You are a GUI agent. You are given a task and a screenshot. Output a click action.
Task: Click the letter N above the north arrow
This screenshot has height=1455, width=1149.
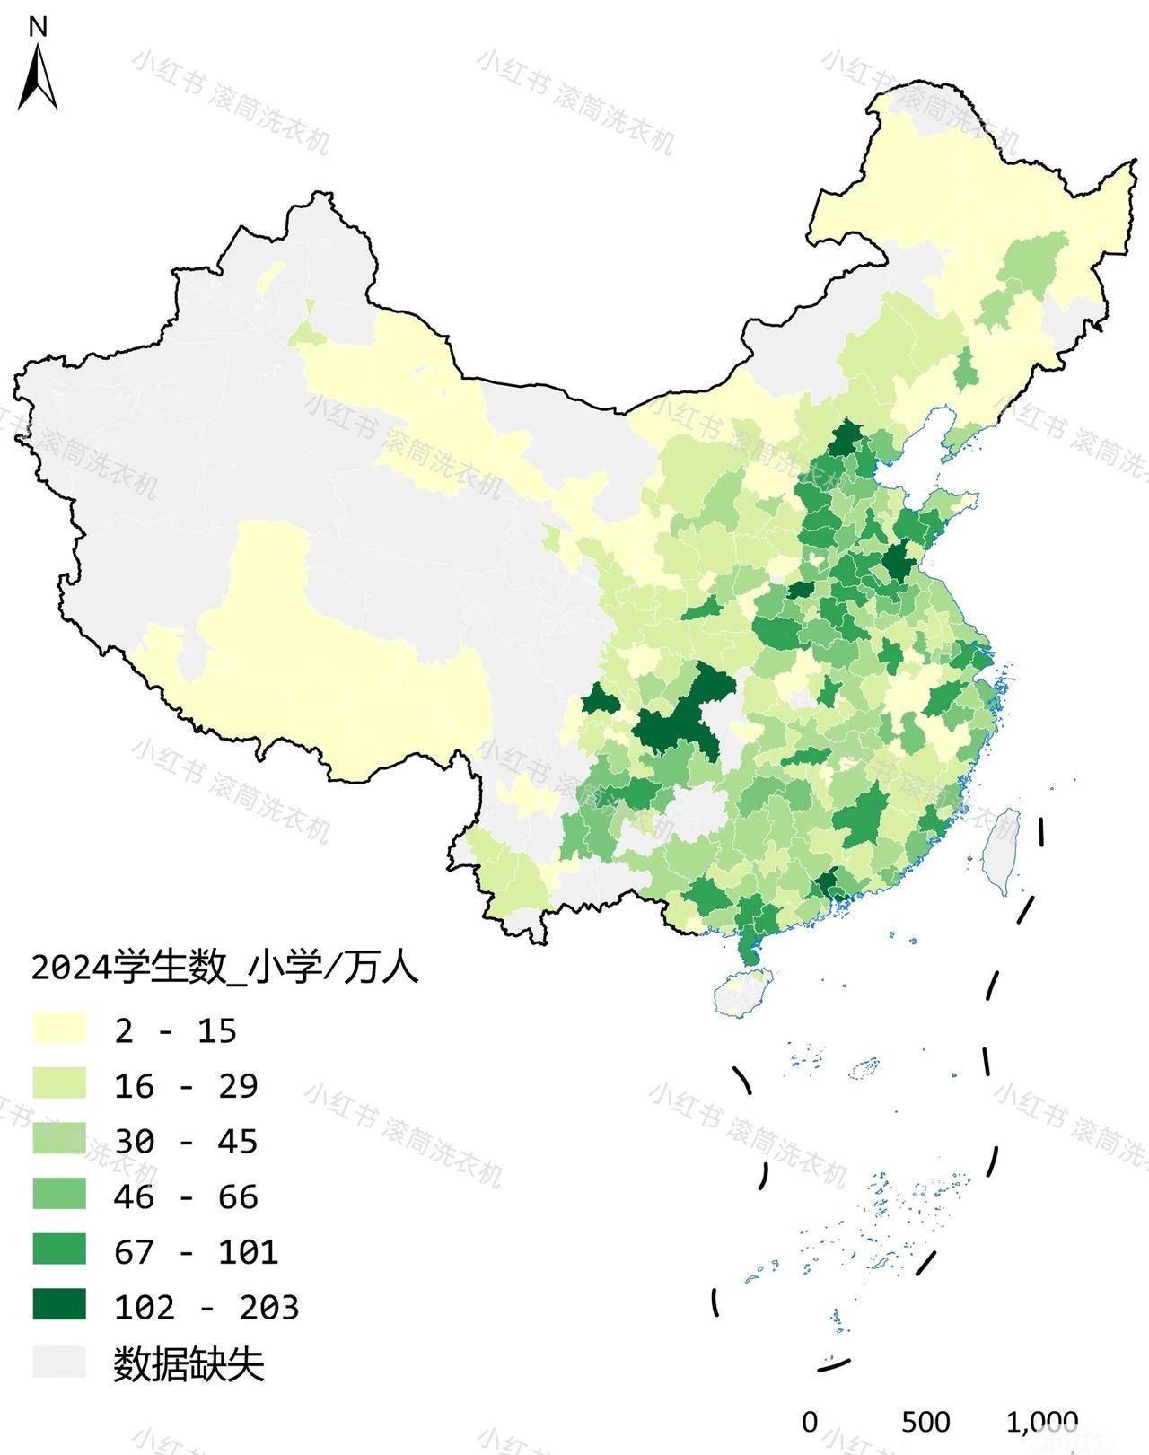38,27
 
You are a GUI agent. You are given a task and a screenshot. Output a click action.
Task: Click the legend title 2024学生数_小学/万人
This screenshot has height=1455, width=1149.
224,969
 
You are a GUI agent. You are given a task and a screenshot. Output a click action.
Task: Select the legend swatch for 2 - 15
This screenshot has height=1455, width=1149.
59,1029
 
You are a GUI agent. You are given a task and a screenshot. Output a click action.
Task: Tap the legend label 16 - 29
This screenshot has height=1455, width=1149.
186,1086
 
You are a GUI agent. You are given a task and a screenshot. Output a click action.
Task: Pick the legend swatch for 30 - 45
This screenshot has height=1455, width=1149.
59,1139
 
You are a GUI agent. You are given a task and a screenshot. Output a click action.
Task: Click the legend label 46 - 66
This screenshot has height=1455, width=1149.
186,1196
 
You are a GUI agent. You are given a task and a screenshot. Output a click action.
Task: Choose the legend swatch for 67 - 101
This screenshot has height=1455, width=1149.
59,1249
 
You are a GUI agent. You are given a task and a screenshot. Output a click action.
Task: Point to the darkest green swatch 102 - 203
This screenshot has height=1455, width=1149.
59,1305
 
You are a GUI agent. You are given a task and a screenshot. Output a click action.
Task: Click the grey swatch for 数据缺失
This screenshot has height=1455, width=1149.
59,1362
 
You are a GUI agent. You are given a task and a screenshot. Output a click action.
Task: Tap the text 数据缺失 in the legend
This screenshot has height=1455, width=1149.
189,1365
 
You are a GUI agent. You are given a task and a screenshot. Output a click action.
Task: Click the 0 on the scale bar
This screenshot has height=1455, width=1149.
810,1422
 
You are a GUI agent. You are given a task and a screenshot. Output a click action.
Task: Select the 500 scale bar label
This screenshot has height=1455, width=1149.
925,1422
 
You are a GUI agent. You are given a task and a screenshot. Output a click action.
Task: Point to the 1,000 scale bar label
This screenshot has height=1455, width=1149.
1041,1422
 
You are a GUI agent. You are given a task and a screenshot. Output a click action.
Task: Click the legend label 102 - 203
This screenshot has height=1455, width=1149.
206,1307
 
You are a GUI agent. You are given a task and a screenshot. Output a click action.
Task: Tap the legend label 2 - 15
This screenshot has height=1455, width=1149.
176,1030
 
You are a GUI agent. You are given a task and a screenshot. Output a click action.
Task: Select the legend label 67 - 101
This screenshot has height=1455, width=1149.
196,1251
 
